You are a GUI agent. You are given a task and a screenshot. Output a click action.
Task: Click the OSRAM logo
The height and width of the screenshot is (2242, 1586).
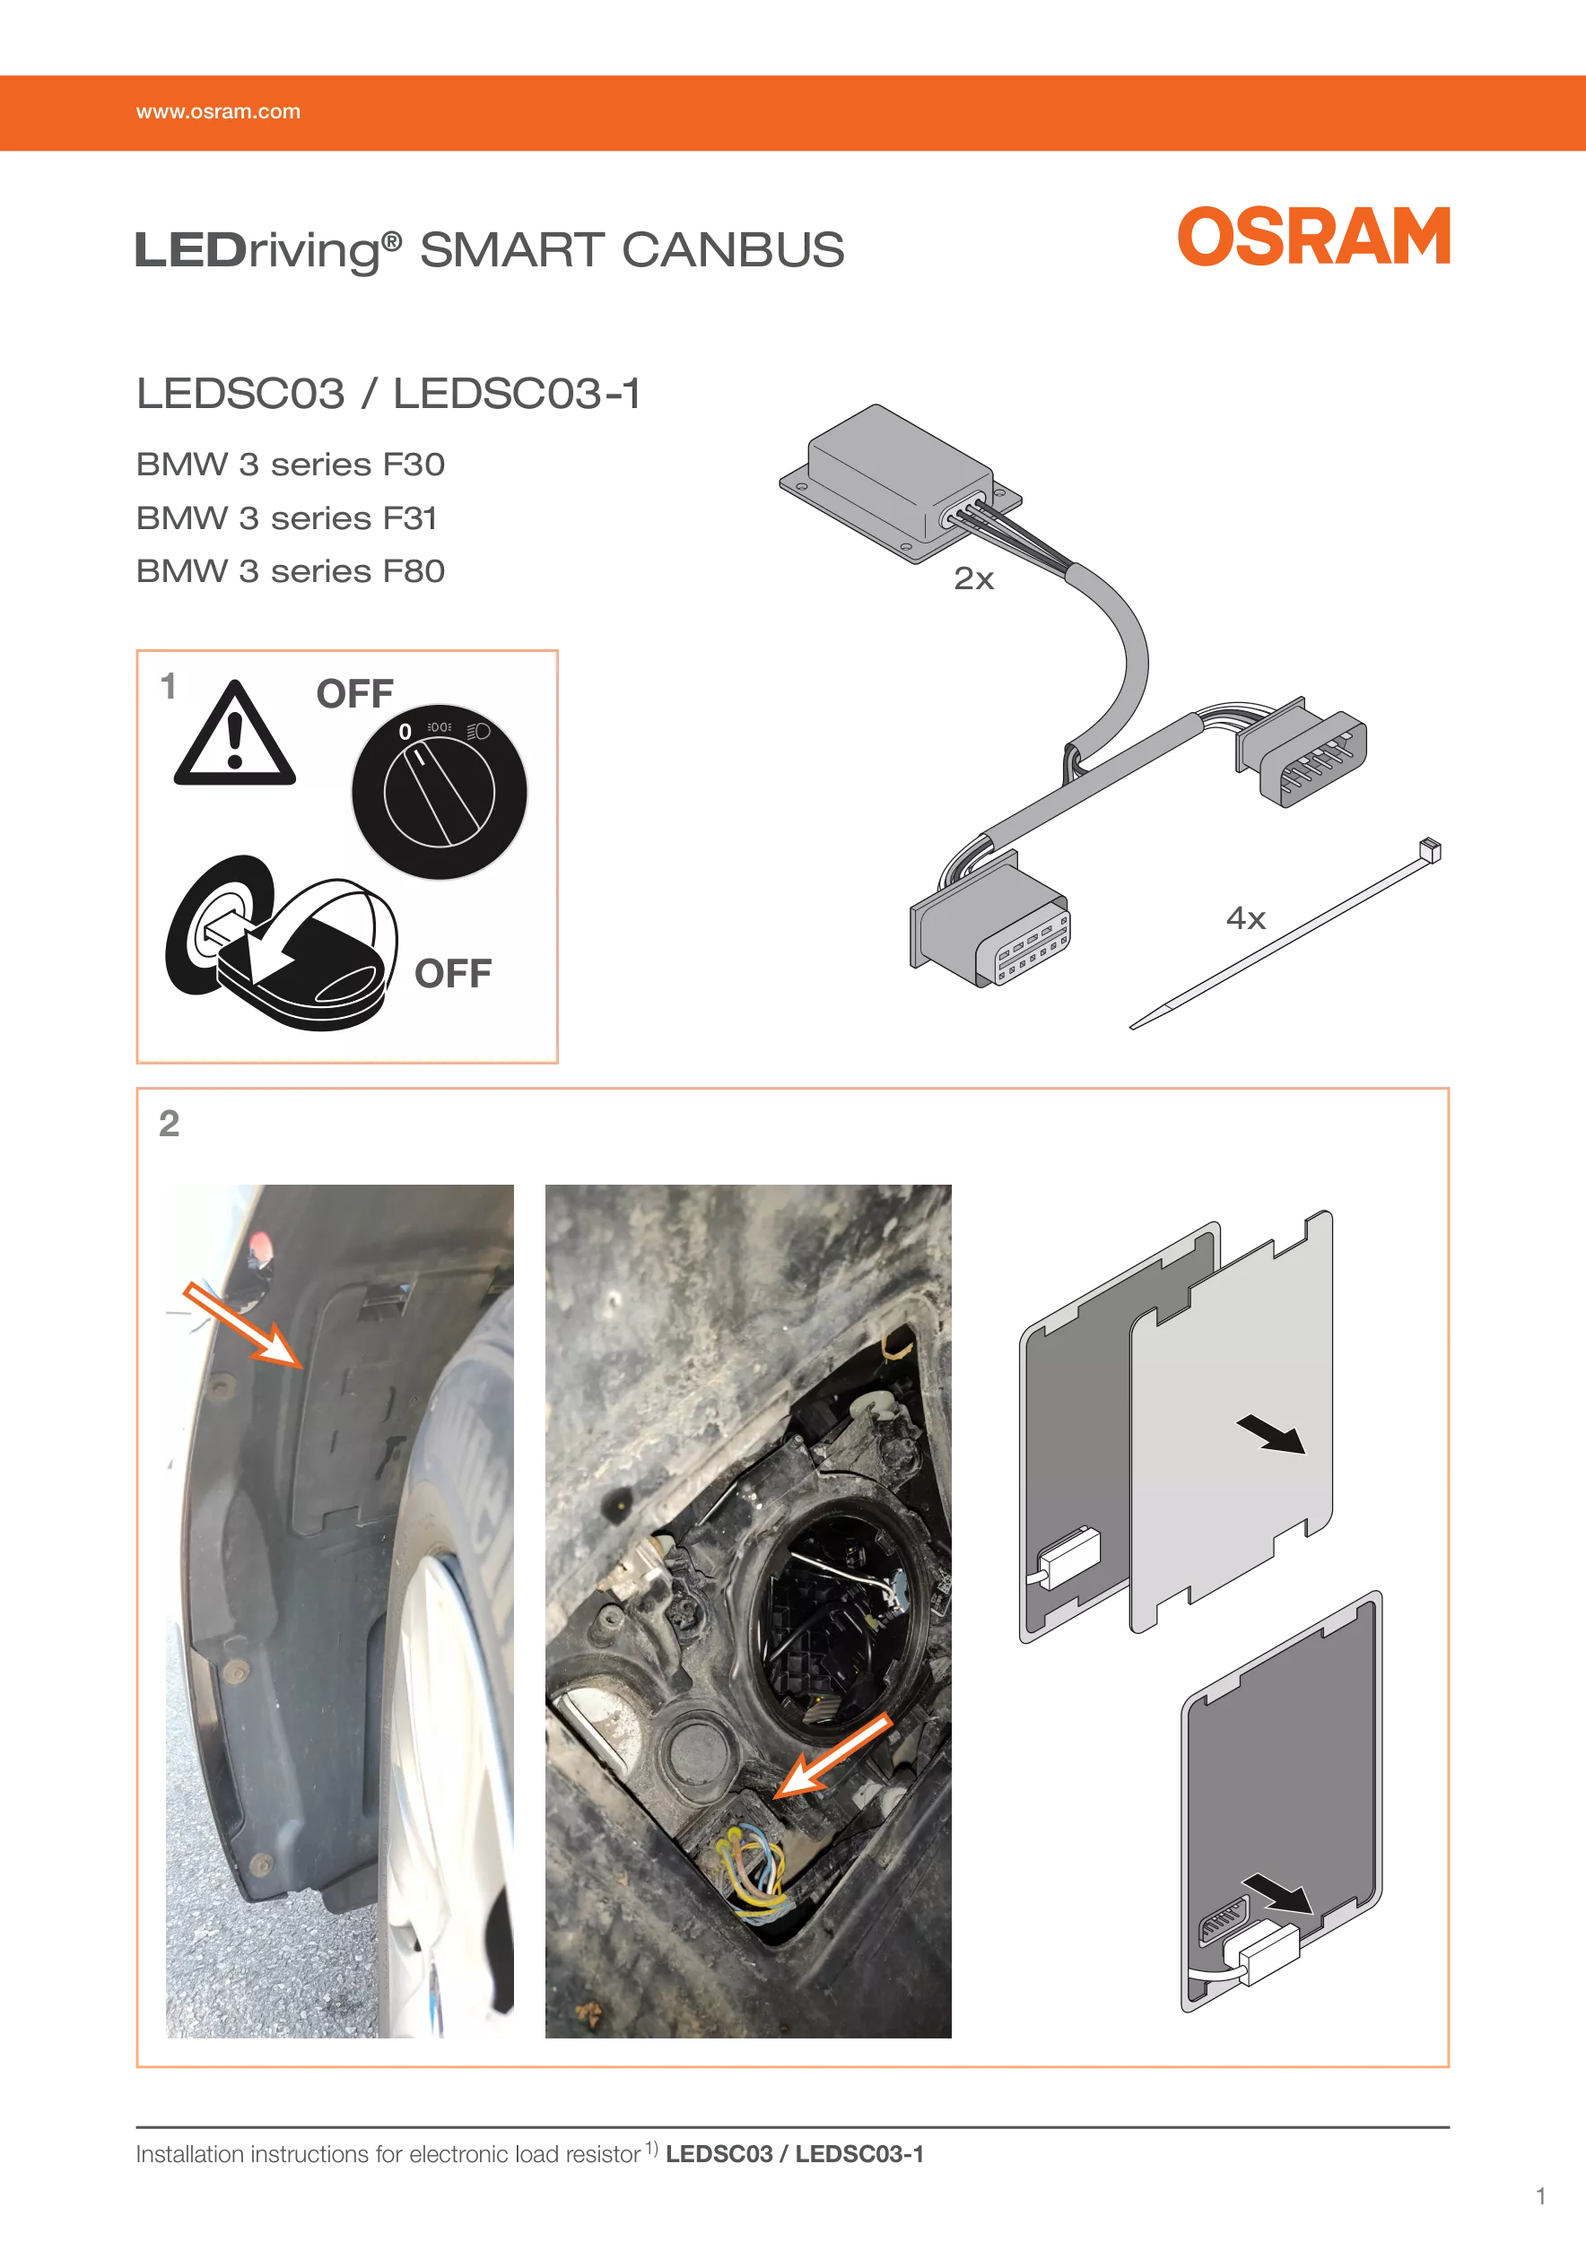[1313, 237]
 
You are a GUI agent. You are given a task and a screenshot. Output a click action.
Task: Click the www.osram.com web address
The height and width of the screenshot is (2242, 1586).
[218, 112]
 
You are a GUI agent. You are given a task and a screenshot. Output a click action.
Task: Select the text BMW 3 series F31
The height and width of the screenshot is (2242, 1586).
[287, 517]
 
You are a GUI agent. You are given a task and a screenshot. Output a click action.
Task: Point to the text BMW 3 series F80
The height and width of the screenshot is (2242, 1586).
[290, 571]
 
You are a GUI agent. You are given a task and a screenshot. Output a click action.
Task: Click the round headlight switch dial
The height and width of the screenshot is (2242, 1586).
[440, 792]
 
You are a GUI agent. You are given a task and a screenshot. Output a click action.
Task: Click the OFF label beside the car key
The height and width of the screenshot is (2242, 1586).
[453, 974]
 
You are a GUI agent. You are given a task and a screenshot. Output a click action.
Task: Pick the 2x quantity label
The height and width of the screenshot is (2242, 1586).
[973, 579]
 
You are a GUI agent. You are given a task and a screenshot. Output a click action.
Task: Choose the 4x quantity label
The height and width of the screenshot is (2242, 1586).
[1246, 918]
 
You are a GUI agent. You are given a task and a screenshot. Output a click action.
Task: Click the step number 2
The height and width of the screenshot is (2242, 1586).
[169, 1124]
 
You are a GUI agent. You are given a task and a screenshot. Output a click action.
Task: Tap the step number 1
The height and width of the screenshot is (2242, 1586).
[169, 686]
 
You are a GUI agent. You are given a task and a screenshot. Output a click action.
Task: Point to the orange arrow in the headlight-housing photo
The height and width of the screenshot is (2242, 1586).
[833, 1757]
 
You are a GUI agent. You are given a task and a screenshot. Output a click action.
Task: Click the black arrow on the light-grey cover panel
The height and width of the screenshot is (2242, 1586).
[1270, 1435]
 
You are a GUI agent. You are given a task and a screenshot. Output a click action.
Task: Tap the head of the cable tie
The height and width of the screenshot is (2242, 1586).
[1430, 849]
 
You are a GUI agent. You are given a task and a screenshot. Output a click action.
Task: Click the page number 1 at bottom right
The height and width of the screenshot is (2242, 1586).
[1541, 2197]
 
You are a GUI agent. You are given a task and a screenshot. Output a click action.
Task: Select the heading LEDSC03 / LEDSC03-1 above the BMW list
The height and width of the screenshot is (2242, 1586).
[388, 394]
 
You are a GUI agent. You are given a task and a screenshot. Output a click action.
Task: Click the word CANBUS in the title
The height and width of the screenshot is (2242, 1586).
[733, 250]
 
